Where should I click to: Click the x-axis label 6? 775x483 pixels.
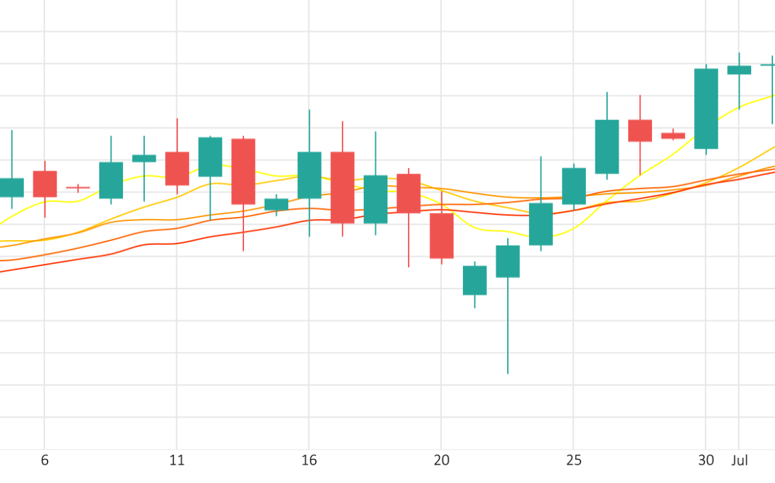[x=45, y=461]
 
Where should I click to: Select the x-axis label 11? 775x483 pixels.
[x=177, y=461]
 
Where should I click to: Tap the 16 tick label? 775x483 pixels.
[x=309, y=461]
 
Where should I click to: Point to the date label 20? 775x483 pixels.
[x=441, y=461]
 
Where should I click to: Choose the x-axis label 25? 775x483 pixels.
[x=574, y=461]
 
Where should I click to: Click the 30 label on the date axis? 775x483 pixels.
[x=706, y=461]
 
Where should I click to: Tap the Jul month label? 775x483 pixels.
[x=739, y=461]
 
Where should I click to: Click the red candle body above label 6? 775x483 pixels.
[x=45, y=184]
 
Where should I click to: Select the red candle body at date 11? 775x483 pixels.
[x=177, y=168]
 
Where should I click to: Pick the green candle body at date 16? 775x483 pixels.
[x=309, y=175]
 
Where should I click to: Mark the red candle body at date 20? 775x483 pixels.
[x=441, y=235]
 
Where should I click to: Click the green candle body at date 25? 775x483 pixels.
[x=574, y=186]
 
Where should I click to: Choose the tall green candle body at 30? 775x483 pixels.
[x=706, y=108]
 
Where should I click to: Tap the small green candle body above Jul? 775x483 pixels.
[x=739, y=70]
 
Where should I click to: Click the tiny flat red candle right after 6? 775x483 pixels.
[x=77, y=187]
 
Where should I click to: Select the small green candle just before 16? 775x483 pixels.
[x=276, y=204]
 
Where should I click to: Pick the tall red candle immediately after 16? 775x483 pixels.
[x=342, y=187]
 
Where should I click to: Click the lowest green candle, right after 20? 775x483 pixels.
[x=475, y=280]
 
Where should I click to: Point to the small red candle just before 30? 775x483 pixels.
[x=673, y=135]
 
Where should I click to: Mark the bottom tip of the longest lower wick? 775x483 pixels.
[x=507, y=373]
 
